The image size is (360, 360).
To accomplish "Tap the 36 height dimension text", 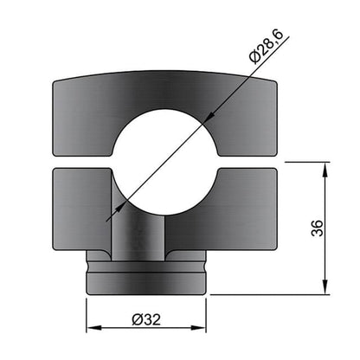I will (x=316, y=228).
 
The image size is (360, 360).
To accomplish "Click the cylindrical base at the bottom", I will (x=146, y=277).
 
